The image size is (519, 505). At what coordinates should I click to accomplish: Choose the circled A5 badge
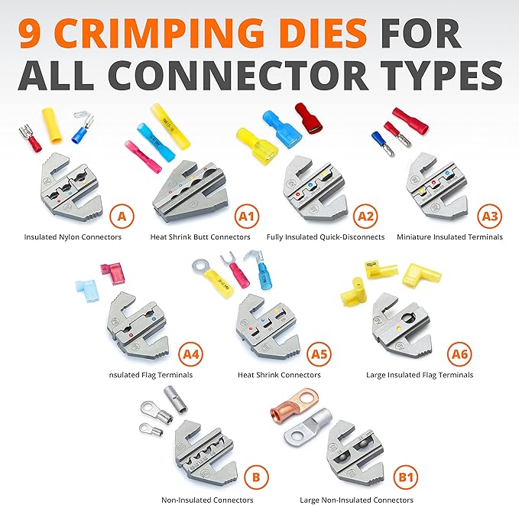(319, 354)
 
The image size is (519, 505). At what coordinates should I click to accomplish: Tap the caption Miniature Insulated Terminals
(449, 237)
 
